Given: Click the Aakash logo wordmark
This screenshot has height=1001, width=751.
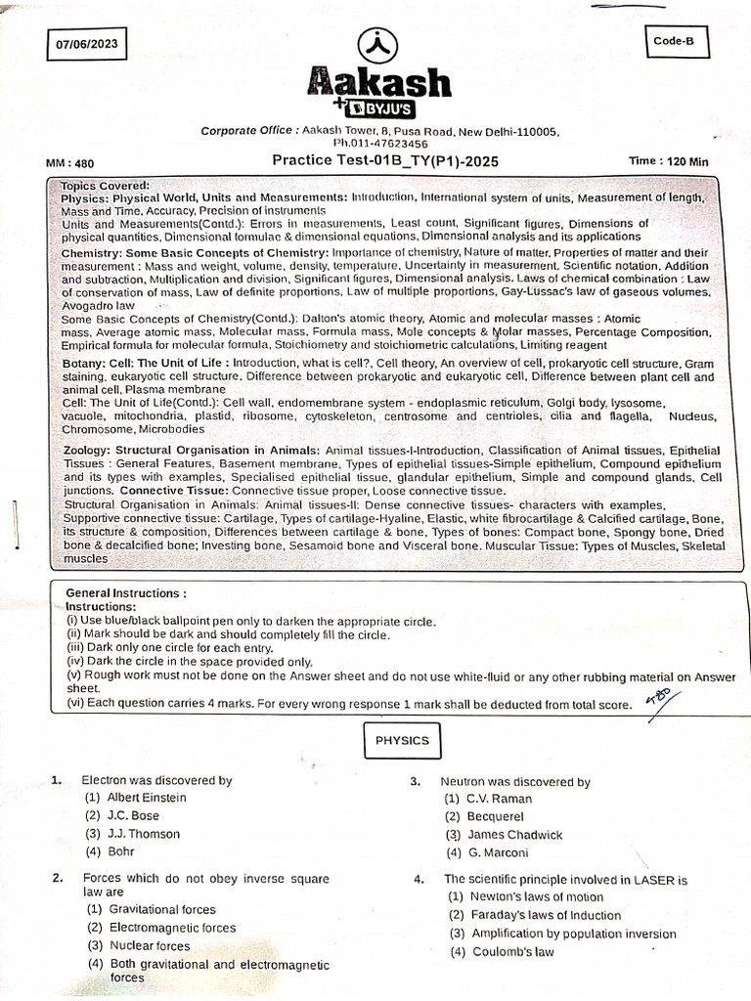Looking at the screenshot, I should click(x=380, y=82).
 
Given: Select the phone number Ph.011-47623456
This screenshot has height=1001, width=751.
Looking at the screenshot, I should click(x=380, y=144).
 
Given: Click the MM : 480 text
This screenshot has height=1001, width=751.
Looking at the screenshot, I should click(x=70, y=163).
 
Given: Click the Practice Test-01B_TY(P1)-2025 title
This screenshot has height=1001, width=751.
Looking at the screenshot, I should click(x=391, y=161).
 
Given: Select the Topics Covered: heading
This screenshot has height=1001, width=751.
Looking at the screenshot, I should click(x=106, y=185).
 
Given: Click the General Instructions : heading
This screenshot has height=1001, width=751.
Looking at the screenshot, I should click(x=126, y=593).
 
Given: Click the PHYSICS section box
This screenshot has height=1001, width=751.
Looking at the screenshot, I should click(x=402, y=740).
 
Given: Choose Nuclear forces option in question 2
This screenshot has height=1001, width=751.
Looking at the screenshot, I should click(x=138, y=945).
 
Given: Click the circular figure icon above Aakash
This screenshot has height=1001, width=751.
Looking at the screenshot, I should click(x=375, y=44).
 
